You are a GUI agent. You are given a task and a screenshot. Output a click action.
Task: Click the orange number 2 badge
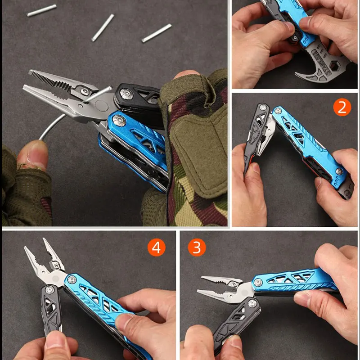[342, 108]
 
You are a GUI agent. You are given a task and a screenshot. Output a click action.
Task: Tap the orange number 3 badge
[196, 247]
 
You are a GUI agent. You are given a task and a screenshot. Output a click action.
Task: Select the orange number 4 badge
[156, 247]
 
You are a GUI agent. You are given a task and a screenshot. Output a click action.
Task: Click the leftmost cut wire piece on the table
[41, 10]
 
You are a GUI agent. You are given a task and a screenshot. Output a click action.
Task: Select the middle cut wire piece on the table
[103, 27]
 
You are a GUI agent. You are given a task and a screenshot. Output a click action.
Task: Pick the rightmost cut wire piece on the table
[157, 33]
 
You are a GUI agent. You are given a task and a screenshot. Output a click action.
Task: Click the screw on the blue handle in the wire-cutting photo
[118, 120]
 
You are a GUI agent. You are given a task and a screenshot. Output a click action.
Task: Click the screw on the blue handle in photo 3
[258, 282]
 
